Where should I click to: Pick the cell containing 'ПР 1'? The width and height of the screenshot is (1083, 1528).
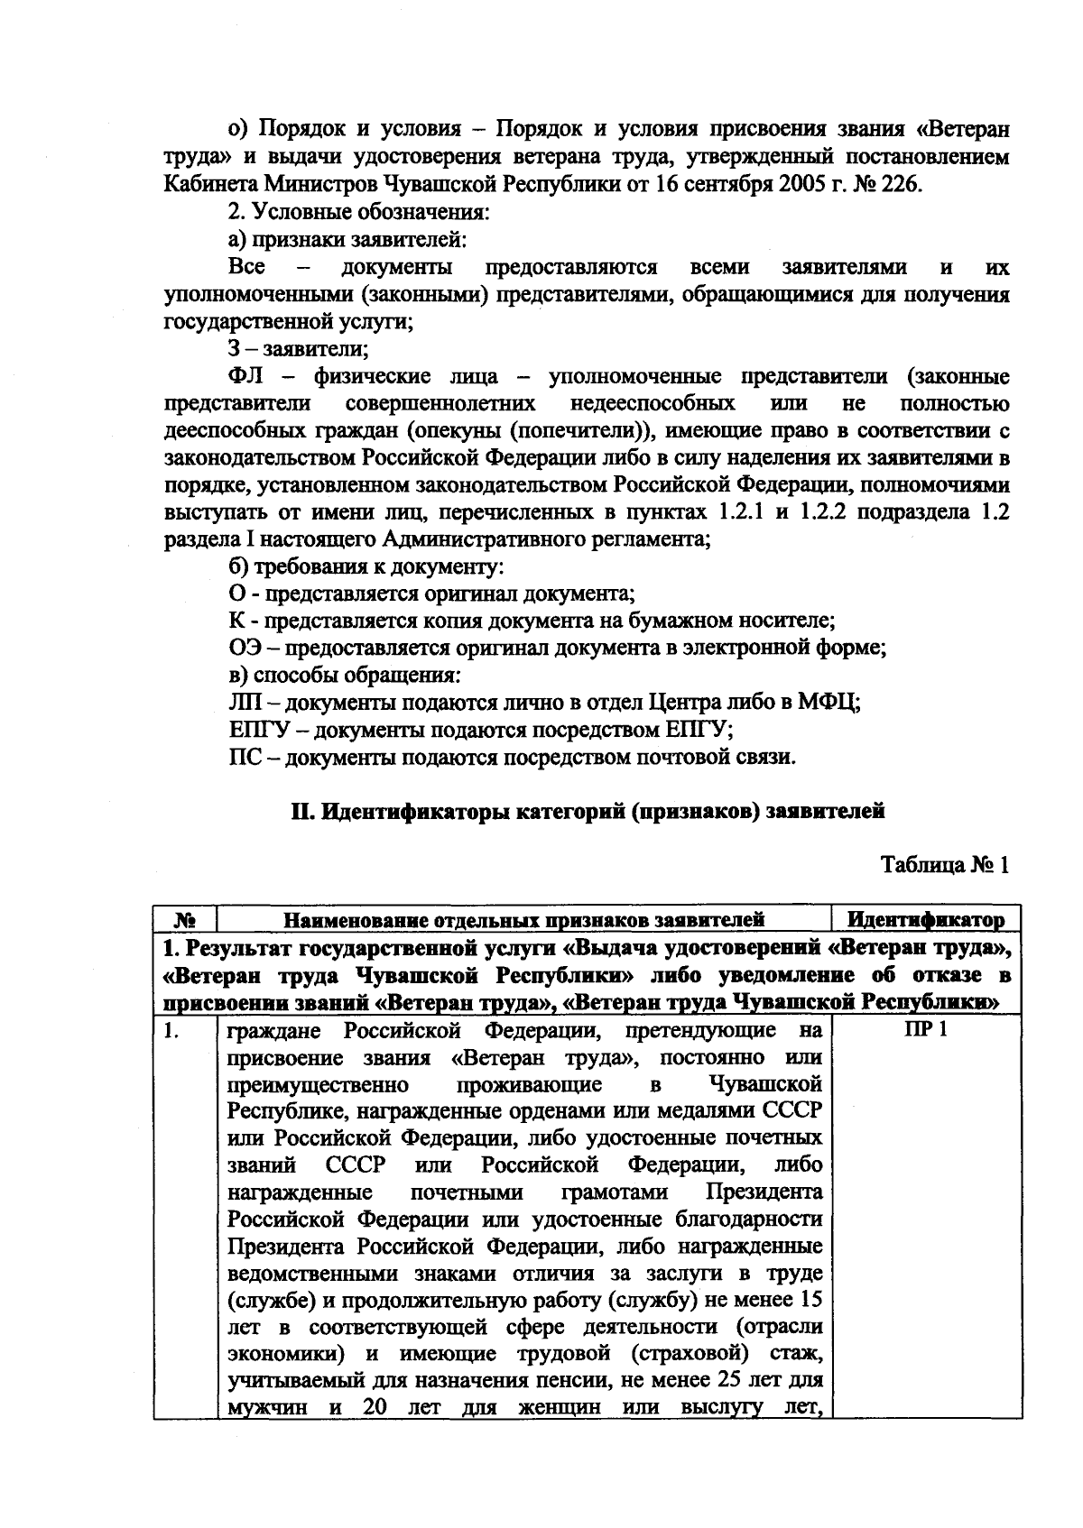(926, 1030)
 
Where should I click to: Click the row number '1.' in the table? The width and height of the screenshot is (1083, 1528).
(172, 1030)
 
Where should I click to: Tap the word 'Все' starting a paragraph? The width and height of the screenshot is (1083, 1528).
(247, 267)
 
